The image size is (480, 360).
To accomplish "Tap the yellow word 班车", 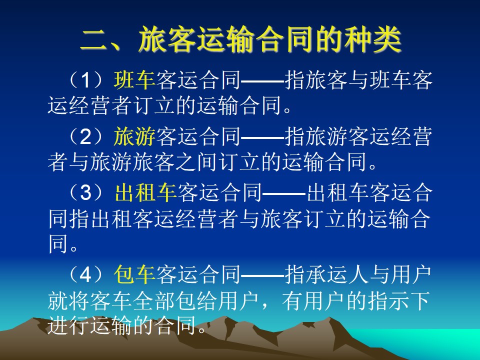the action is [134, 80].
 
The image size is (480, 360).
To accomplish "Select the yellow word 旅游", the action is [134, 136].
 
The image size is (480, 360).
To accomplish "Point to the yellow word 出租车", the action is [145, 193].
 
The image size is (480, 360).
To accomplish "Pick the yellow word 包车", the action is [134, 274].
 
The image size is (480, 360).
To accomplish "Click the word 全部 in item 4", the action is [154, 300].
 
